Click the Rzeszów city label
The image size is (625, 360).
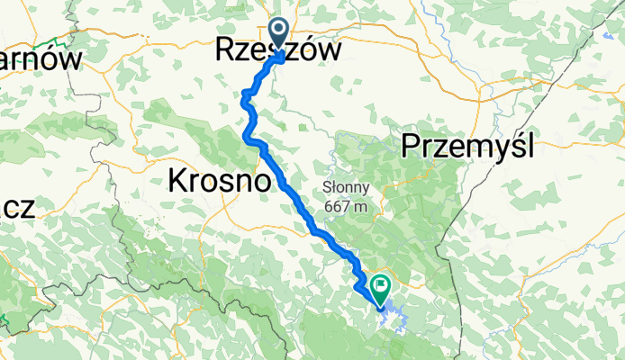[279, 51]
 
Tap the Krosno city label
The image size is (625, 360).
[220, 182]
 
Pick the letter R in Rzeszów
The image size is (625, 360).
[226, 51]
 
